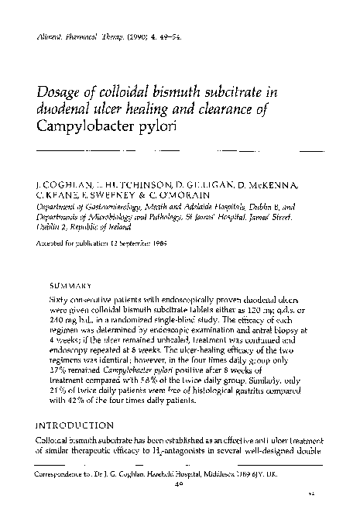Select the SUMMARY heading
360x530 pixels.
(68, 283)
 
